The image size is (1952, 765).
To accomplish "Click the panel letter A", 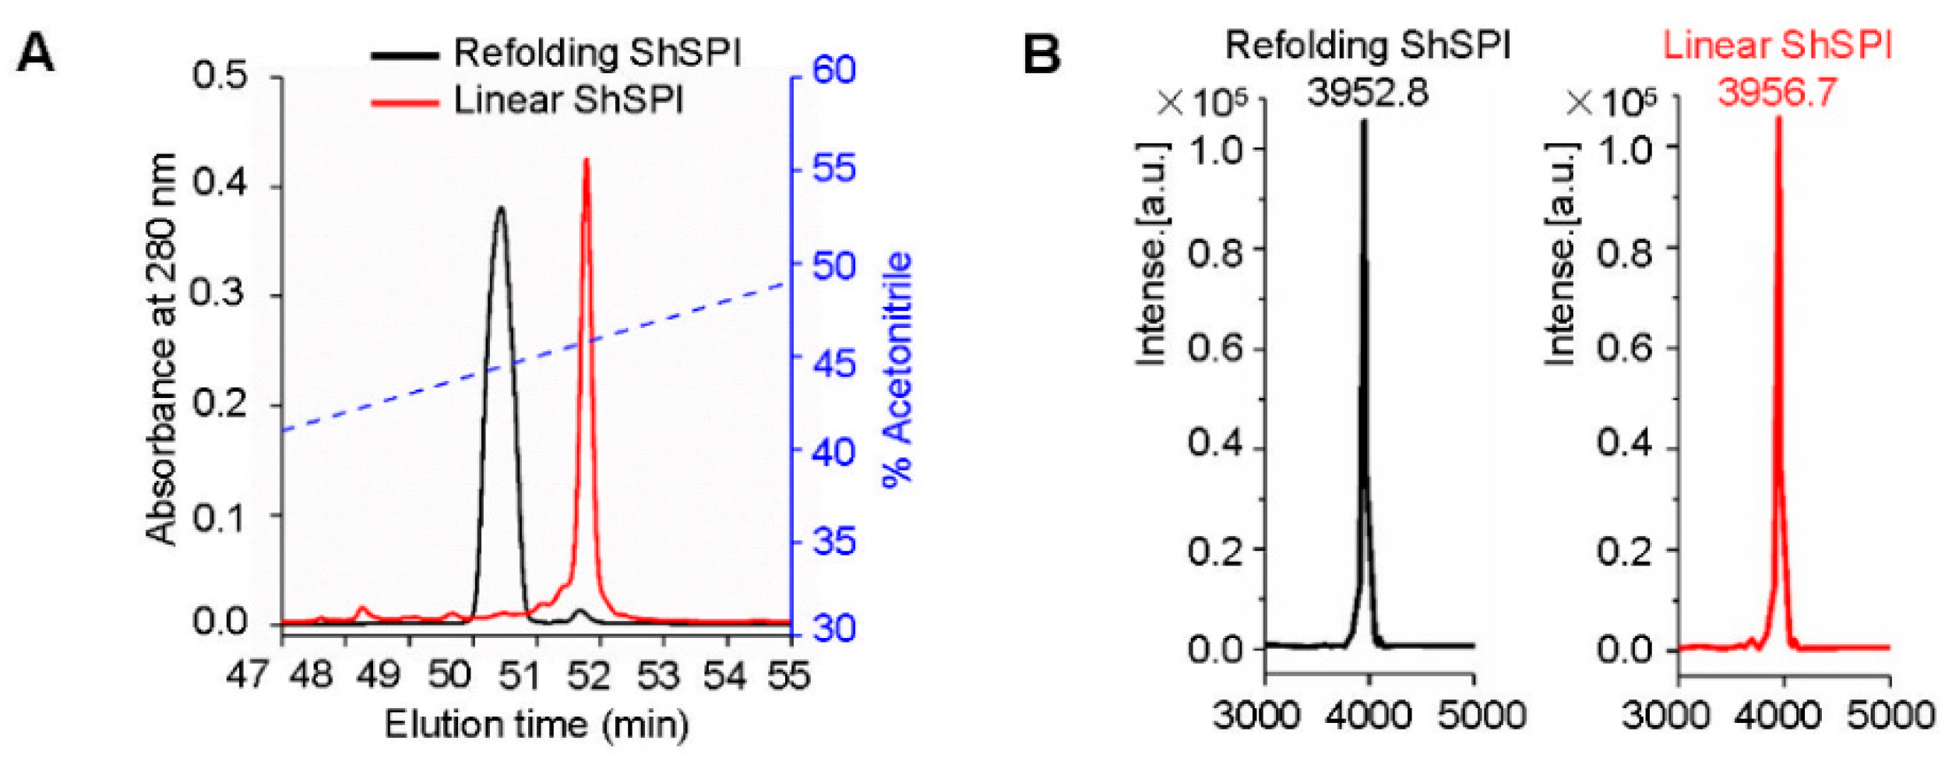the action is tap(36, 53).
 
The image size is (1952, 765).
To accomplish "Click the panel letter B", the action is tap(1041, 53).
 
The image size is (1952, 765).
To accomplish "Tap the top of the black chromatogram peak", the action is tap(501, 208).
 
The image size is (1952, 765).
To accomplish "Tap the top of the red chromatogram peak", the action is tap(587, 160).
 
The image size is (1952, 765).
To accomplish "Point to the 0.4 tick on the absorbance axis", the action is tap(220, 184).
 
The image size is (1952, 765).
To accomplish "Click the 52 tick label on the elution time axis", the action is tap(588, 675).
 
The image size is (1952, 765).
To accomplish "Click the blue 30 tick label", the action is tap(833, 628).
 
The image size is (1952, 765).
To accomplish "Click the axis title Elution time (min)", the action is tap(537, 724).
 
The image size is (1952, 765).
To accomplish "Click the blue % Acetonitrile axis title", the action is tap(897, 369).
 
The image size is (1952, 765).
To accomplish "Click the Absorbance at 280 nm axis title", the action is tap(162, 349).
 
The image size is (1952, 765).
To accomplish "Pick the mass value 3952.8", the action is tap(1368, 93).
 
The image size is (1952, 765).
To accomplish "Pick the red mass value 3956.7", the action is tap(1777, 93).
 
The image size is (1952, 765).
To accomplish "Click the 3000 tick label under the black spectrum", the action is tap(1256, 715).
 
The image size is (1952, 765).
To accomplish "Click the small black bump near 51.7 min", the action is tap(579, 612).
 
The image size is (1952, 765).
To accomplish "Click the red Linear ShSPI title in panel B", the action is tap(1778, 46).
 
